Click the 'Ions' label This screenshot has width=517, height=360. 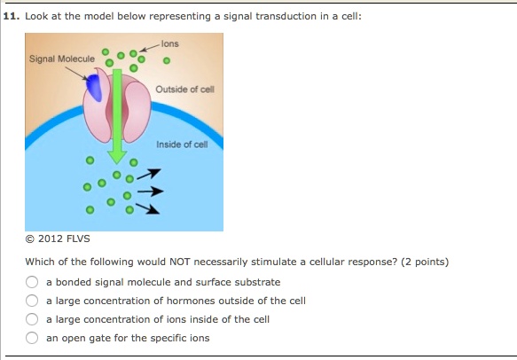tap(170, 43)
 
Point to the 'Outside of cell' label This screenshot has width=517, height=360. tap(185, 90)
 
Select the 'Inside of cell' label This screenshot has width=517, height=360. tap(181, 145)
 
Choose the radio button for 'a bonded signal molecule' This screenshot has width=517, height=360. tap(31, 282)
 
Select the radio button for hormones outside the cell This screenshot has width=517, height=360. tap(31, 301)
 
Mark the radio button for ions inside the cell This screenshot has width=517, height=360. tap(31, 319)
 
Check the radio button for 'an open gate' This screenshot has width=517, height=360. tap(31, 338)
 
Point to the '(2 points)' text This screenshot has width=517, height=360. tap(427, 262)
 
